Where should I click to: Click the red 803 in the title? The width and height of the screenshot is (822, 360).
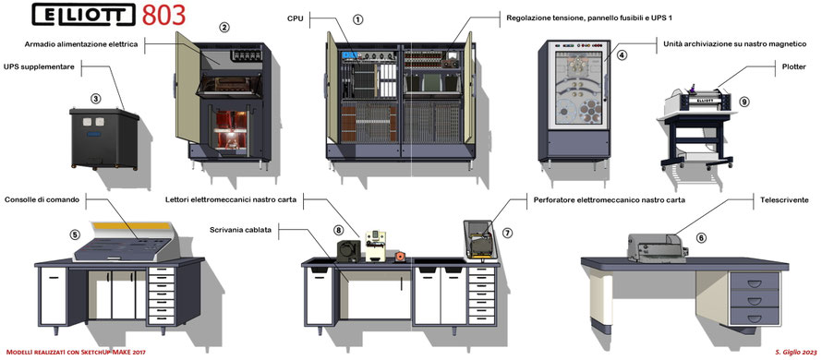163,15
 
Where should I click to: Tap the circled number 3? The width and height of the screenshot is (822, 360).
95,98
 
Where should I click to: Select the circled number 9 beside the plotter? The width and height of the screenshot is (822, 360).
743,102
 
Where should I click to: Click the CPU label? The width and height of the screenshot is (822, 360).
295,18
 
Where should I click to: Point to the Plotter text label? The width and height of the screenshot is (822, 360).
792,67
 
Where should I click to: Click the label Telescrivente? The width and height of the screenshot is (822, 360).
784,199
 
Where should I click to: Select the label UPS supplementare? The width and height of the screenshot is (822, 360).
39,66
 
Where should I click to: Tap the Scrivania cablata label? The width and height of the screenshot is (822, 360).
240,230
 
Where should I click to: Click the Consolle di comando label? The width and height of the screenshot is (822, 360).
42,199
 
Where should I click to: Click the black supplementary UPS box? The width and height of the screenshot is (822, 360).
104,138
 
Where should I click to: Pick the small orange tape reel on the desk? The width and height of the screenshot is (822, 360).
400,257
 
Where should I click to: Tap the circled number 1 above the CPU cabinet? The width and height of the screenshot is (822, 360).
357,19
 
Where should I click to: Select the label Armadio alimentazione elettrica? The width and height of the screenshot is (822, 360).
81,44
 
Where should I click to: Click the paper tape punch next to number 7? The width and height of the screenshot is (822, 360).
480,241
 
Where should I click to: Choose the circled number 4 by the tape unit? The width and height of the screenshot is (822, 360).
622,54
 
